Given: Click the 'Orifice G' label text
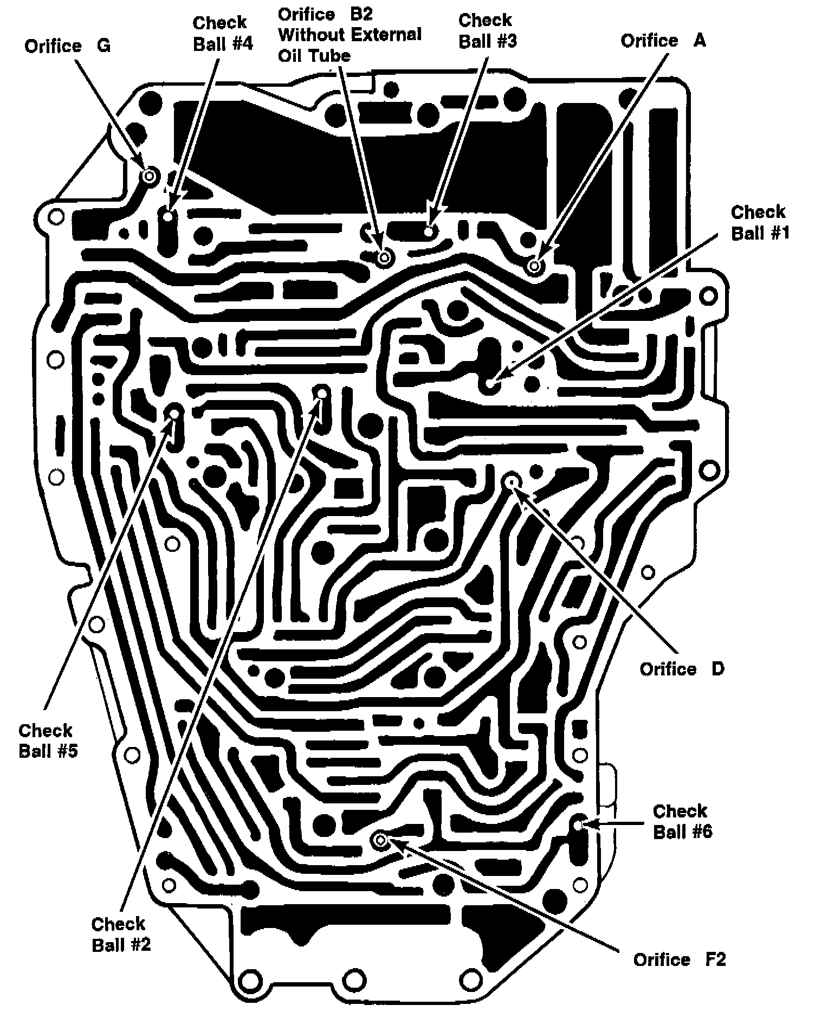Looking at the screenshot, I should (67, 46).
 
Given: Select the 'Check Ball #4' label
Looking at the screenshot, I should (223, 33).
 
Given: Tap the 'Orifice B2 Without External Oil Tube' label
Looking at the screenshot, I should (350, 34).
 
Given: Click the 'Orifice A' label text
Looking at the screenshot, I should (663, 41).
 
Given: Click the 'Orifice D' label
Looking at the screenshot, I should (682, 669).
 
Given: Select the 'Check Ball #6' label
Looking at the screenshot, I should (682, 821).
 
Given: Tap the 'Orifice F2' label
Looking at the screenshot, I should (679, 959).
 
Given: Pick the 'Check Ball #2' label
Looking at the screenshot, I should (121, 934).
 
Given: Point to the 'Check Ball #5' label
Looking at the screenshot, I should (48, 740).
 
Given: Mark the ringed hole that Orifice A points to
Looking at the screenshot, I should (535, 266).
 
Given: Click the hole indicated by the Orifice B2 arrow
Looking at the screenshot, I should (385, 257).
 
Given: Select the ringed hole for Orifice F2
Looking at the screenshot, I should (380, 841).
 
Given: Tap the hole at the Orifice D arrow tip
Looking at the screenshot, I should (511, 480).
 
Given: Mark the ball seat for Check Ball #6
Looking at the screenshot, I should (578, 824).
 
